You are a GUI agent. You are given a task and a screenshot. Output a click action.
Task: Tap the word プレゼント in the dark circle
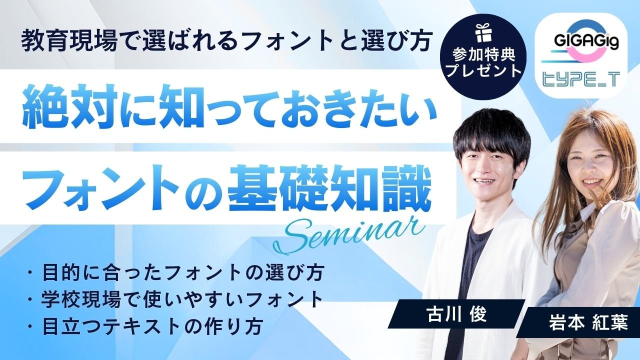coord(483,70)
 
